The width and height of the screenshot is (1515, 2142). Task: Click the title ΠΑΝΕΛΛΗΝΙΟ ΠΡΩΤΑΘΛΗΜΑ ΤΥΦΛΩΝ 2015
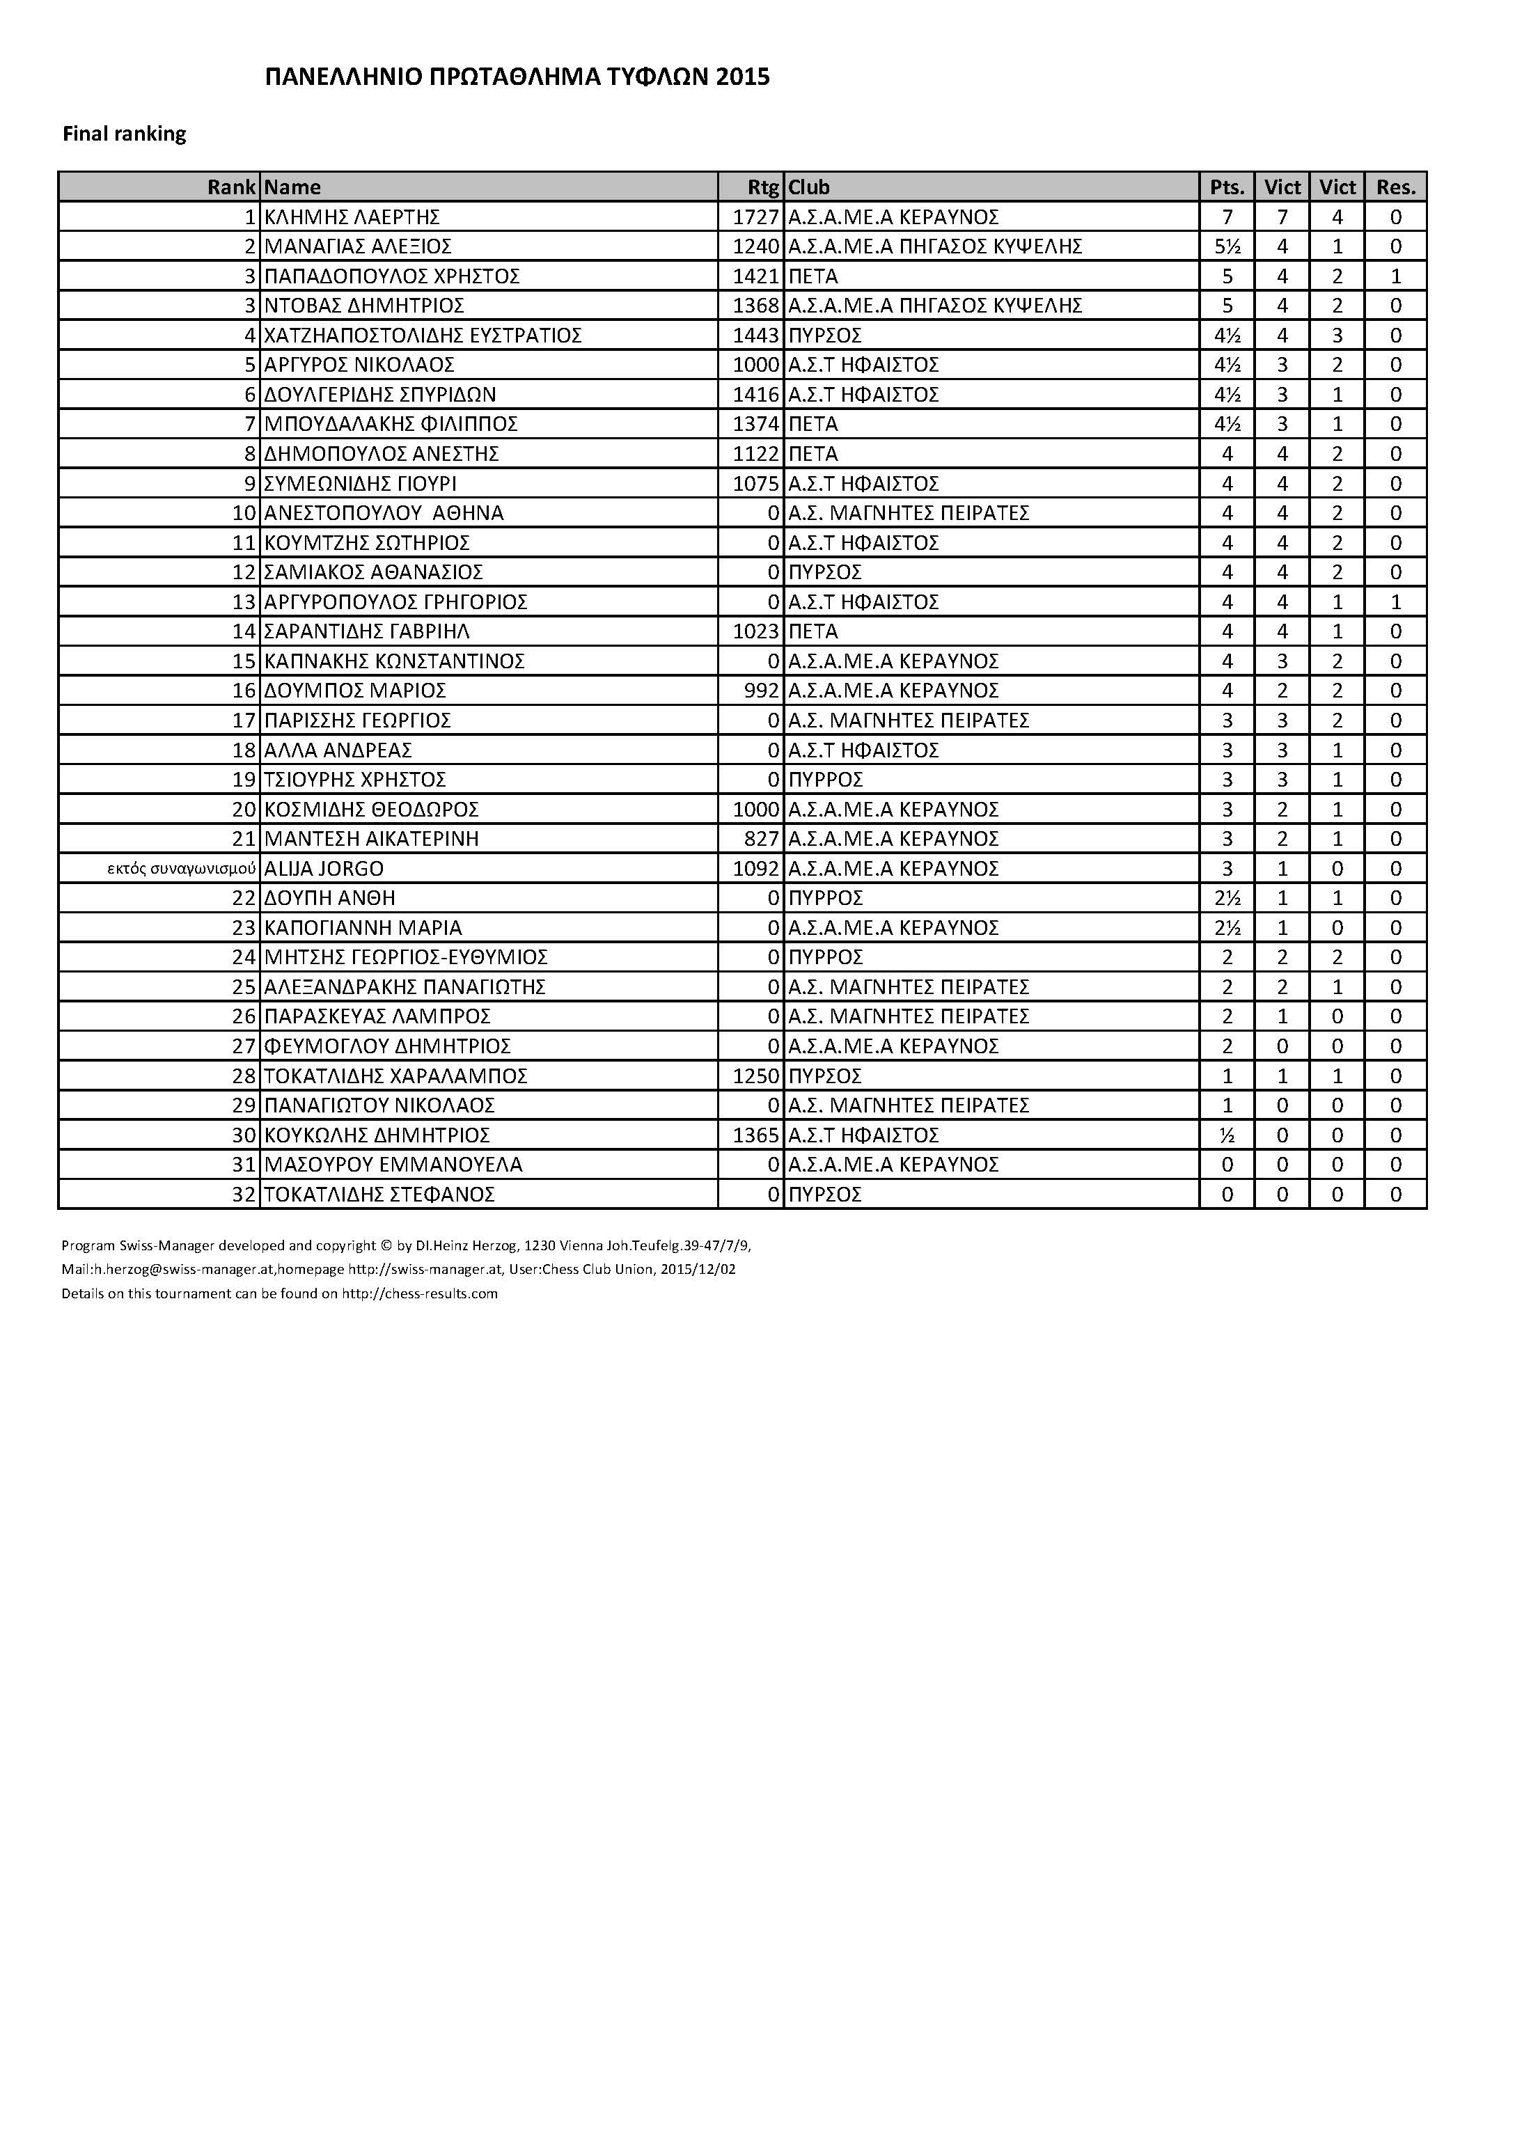pos(518,77)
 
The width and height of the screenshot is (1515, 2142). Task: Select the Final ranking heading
pos(124,134)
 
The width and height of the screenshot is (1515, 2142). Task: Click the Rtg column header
pos(762,187)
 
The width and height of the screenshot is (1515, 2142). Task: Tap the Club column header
pos(809,187)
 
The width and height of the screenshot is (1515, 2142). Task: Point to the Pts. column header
pos(1227,187)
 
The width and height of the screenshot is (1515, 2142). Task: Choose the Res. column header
pos(1395,187)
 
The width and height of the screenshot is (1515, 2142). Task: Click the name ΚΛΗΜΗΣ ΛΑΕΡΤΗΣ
pos(352,217)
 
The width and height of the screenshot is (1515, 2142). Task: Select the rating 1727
pos(755,217)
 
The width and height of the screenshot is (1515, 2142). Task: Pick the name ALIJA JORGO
pos(324,869)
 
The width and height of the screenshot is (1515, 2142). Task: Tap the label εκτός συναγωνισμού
pos(182,869)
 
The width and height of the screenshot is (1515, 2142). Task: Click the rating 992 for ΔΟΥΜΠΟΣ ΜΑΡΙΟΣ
pos(761,691)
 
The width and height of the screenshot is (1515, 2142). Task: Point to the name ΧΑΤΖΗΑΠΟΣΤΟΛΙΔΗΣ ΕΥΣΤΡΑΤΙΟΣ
pos(423,335)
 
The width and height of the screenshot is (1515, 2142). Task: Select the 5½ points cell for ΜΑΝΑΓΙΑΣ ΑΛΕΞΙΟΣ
pos(1227,246)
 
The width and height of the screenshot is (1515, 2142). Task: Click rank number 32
pos(244,1194)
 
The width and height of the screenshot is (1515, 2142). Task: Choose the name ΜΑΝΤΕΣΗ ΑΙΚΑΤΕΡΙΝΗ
pos(371,839)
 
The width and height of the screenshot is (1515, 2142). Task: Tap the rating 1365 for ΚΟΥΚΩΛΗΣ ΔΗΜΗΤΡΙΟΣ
pos(755,1135)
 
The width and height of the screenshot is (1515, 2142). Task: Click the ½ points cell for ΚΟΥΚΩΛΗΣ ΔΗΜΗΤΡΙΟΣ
pos(1227,1135)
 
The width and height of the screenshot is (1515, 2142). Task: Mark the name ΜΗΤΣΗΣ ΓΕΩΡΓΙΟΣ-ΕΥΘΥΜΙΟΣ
pos(406,957)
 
